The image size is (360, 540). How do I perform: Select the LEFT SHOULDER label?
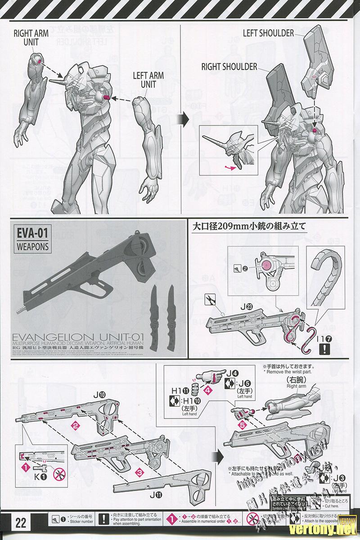(268, 33)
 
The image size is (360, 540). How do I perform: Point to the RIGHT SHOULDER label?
(229, 67)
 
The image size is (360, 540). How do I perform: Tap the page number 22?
(21, 523)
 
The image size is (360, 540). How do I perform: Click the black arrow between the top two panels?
(180, 119)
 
